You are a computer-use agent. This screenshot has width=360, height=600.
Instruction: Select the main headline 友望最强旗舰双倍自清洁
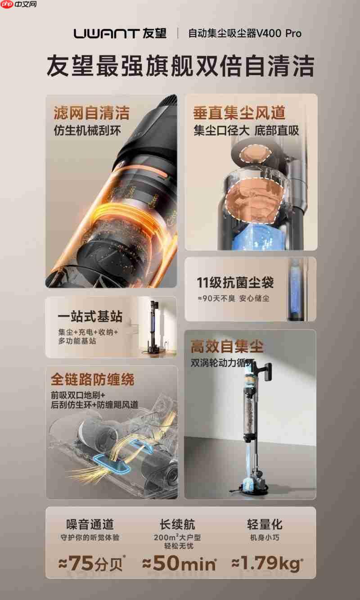coord(180,66)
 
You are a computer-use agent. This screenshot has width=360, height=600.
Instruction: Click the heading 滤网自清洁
coord(91,113)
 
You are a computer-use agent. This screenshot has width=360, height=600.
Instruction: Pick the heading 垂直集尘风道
coord(239,113)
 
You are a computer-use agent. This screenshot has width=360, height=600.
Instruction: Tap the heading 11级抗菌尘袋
coord(235,283)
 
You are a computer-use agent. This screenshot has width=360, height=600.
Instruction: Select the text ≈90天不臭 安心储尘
coord(233,298)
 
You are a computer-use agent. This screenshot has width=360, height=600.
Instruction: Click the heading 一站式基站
coord(90,316)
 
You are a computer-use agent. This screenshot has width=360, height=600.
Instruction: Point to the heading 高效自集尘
coord(227,347)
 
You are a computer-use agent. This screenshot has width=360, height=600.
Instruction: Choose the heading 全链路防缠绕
coord(92,379)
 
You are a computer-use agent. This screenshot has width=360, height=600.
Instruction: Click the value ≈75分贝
coord(91,563)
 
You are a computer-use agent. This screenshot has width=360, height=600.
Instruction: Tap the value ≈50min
coord(179,563)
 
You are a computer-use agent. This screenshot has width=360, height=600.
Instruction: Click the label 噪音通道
coord(90,524)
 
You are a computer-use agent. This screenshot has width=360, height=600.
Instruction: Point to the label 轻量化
coord(265,524)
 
